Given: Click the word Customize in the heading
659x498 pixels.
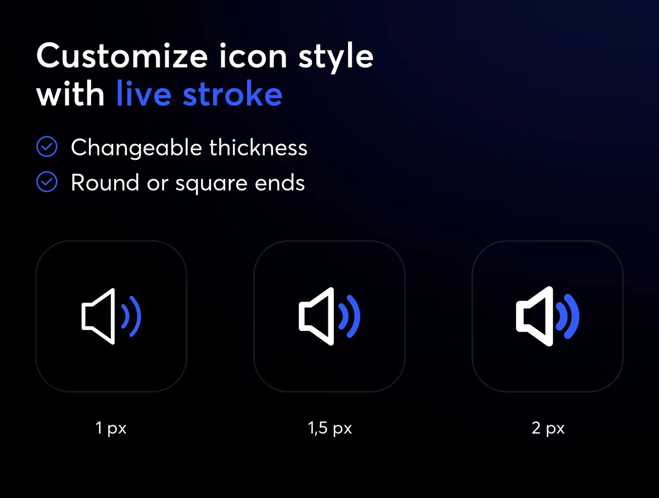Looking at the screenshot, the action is pyautogui.click(x=122, y=56).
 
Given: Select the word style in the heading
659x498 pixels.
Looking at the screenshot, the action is pyautogui.click(x=336, y=59).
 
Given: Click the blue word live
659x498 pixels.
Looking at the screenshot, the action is pyautogui.click(x=144, y=93).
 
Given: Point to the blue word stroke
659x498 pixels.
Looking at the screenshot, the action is pyautogui.click(x=233, y=93).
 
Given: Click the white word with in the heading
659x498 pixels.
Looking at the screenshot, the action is pyautogui.click(x=70, y=93).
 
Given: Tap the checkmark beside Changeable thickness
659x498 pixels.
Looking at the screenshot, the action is pyautogui.click(x=47, y=147).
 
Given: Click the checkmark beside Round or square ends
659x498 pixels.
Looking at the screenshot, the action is pyautogui.click(x=47, y=182).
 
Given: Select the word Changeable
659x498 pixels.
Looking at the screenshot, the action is pyautogui.click(x=137, y=148).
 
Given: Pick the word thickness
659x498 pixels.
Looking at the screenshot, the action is pyautogui.click(x=259, y=147).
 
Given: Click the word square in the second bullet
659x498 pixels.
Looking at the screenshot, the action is pyautogui.click(x=211, y=184).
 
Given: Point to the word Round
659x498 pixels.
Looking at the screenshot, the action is pyautogui.click(x=105, y=182).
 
